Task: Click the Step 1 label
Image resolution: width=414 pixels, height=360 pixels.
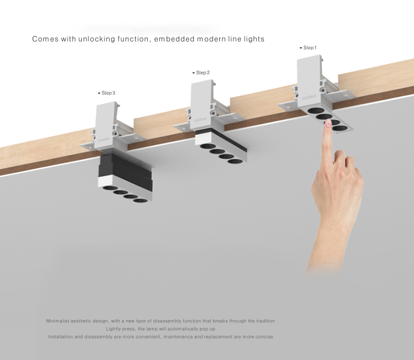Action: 310,48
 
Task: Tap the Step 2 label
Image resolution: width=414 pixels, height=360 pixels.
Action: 203,73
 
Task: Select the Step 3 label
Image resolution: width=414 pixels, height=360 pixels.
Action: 108,93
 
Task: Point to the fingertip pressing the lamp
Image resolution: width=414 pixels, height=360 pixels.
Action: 328,122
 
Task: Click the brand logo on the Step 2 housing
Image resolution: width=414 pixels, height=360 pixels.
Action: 200,120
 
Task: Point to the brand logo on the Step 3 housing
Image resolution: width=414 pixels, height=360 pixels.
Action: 103,140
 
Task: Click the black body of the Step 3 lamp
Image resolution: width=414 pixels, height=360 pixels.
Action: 124,169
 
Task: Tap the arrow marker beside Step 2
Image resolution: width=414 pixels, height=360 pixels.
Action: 194,73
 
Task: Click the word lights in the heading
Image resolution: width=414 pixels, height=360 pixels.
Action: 254,39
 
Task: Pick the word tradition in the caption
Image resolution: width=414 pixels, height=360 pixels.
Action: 265,321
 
